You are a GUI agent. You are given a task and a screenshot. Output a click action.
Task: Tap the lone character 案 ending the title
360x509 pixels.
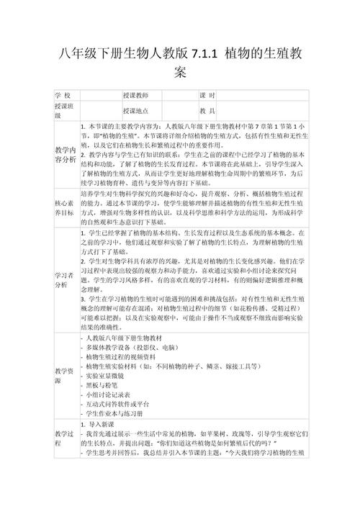180,73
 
